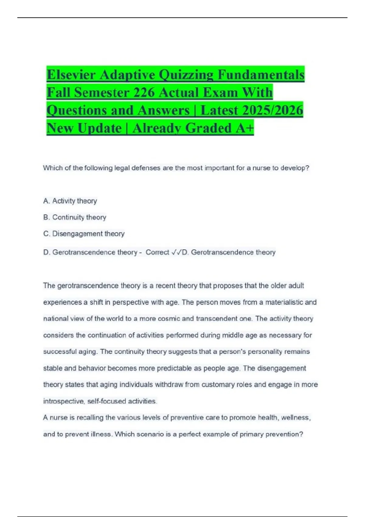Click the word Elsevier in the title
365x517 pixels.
click(71, 75)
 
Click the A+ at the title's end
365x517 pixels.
click(245, 128)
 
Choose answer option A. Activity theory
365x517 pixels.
click(70, 201)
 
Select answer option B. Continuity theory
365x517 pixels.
click(75, 217)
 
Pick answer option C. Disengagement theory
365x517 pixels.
click(84, 234)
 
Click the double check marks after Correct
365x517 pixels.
click(176, 252)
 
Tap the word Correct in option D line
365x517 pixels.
click(157, 252)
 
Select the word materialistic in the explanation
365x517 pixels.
click(284, 302)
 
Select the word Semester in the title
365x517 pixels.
click(102, 92)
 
